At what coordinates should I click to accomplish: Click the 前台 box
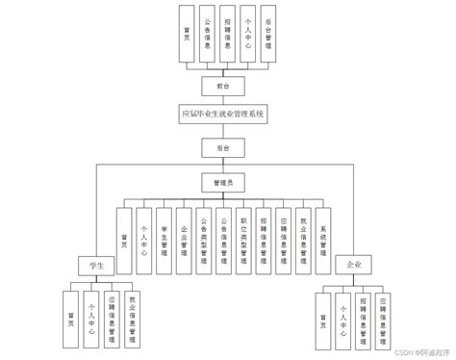tap(222, 86)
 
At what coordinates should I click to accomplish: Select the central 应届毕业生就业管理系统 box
tap(222, 115)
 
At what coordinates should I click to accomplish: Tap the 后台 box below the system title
tap(222, 147)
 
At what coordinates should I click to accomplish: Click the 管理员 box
tap(222, 180)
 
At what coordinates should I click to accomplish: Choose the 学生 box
tap(97, 263)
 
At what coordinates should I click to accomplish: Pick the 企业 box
tap(348, 263)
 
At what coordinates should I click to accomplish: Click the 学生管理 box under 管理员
tap(164, 234)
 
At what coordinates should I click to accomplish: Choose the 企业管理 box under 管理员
tap(184, 234)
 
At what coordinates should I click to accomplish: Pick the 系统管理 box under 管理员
tap(324, 234)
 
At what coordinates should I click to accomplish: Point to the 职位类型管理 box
tap(243, 234)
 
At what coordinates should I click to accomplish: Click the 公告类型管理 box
tap(204, 234)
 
